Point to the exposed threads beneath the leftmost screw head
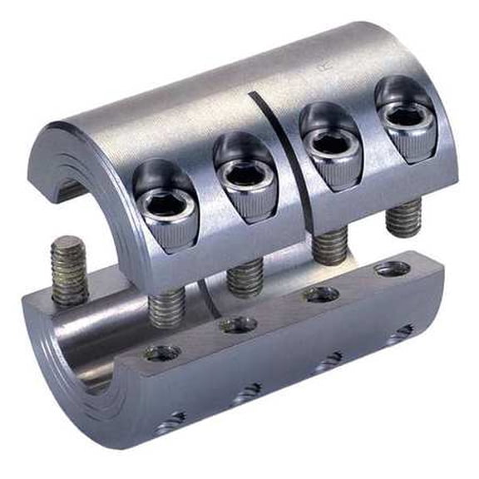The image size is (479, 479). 166,306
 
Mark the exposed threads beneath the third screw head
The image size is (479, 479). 331,246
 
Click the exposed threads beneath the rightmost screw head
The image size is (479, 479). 403,218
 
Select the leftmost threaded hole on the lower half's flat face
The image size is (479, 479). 160,353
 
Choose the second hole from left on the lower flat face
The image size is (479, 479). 239,324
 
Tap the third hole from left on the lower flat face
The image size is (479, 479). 320,294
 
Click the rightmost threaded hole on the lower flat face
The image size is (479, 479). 391,268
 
